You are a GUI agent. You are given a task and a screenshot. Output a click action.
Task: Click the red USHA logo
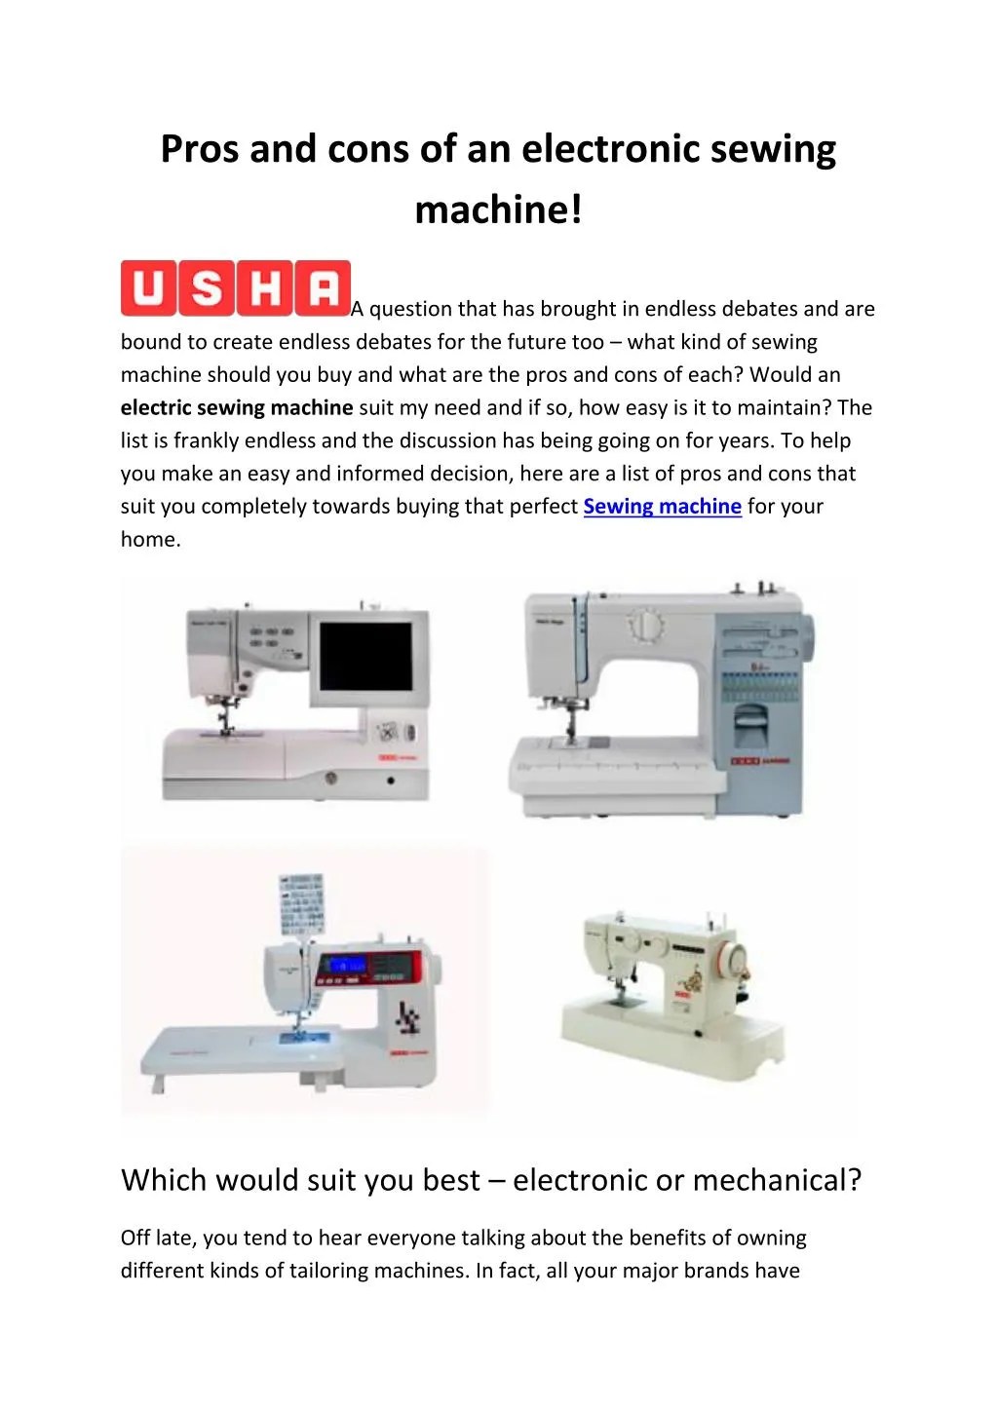pos(235,288)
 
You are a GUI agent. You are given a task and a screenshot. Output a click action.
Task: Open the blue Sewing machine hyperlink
pos(662,507)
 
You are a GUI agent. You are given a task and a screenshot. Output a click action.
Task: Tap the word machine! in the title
pos(498,209)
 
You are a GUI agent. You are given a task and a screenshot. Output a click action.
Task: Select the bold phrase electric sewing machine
pos(237,407)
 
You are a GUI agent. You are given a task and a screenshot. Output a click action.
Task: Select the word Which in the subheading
pos(163,1180)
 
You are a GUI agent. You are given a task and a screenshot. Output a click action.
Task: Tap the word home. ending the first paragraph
pos(151,539)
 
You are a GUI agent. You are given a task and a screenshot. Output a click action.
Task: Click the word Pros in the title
pos(200,149)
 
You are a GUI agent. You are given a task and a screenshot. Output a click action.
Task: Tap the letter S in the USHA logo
pos(207,288)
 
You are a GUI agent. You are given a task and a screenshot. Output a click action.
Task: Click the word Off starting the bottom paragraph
pos(135,1239)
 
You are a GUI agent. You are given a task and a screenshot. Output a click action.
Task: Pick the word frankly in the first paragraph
pos(206,440)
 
